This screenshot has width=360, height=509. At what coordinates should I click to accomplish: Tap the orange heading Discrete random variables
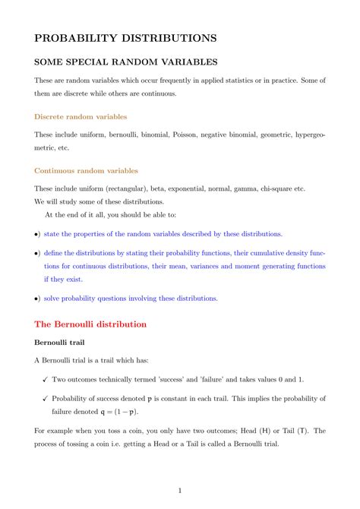pyautogui.click(x=81, y=117)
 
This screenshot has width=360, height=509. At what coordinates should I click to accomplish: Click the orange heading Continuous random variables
pyautogui.click(x=86, y=171)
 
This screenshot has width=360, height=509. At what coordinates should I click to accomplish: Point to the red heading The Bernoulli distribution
pyautogui.click(x=90, y=324)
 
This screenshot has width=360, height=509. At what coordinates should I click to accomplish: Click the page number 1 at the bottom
pyautogui.click(x=180, y=491)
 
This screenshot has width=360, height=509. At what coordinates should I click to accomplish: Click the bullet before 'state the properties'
pyautogui.click(x=37, y=235)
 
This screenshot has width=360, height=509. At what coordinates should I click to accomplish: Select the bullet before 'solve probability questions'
pyautogui.click(x=37, y=299)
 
